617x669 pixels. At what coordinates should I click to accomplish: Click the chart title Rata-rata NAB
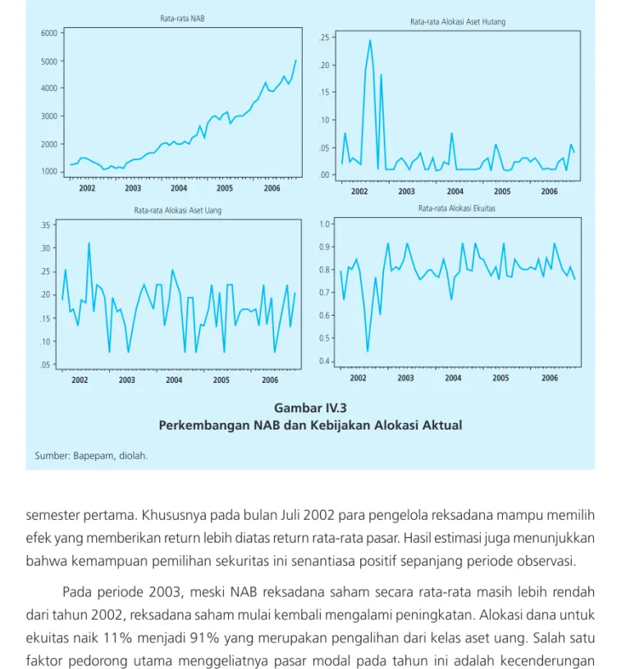click(x=182, y=18)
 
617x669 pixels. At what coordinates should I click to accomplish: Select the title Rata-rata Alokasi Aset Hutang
click(x=458, y=22)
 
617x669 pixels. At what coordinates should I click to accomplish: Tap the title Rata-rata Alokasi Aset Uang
click(x=177, y=211)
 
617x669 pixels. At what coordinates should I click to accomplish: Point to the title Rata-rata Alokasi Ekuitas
click(x=457, y=208)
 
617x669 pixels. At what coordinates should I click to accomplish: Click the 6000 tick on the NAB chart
click(x=49, y=34)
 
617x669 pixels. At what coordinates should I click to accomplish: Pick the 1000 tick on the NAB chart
click(x=49, y=171)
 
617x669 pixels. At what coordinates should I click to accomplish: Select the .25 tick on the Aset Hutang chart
click(x=325, y=38)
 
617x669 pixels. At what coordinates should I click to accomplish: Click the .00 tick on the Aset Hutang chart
click(x=325, y=175)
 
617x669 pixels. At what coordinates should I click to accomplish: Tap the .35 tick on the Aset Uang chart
click(x=45, y=225)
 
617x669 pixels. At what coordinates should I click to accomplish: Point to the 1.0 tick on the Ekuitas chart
click(x=325, y=224)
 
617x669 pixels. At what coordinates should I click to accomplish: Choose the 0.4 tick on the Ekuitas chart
click(x=325, y=362)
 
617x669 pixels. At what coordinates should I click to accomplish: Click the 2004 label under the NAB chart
click(x=179, y=189)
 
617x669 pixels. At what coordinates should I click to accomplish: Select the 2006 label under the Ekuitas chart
click(x=550, y=378)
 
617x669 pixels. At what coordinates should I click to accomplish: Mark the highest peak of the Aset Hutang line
click(x=370, y=40)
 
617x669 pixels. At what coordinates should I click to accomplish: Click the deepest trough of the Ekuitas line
click(x=368, y=351)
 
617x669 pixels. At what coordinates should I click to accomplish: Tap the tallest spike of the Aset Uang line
click(x=89, y=243)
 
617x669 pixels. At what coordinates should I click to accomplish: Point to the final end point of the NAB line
click(x=296, y=60)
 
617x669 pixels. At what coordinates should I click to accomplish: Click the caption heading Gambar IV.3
click(x=310, y=408)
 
